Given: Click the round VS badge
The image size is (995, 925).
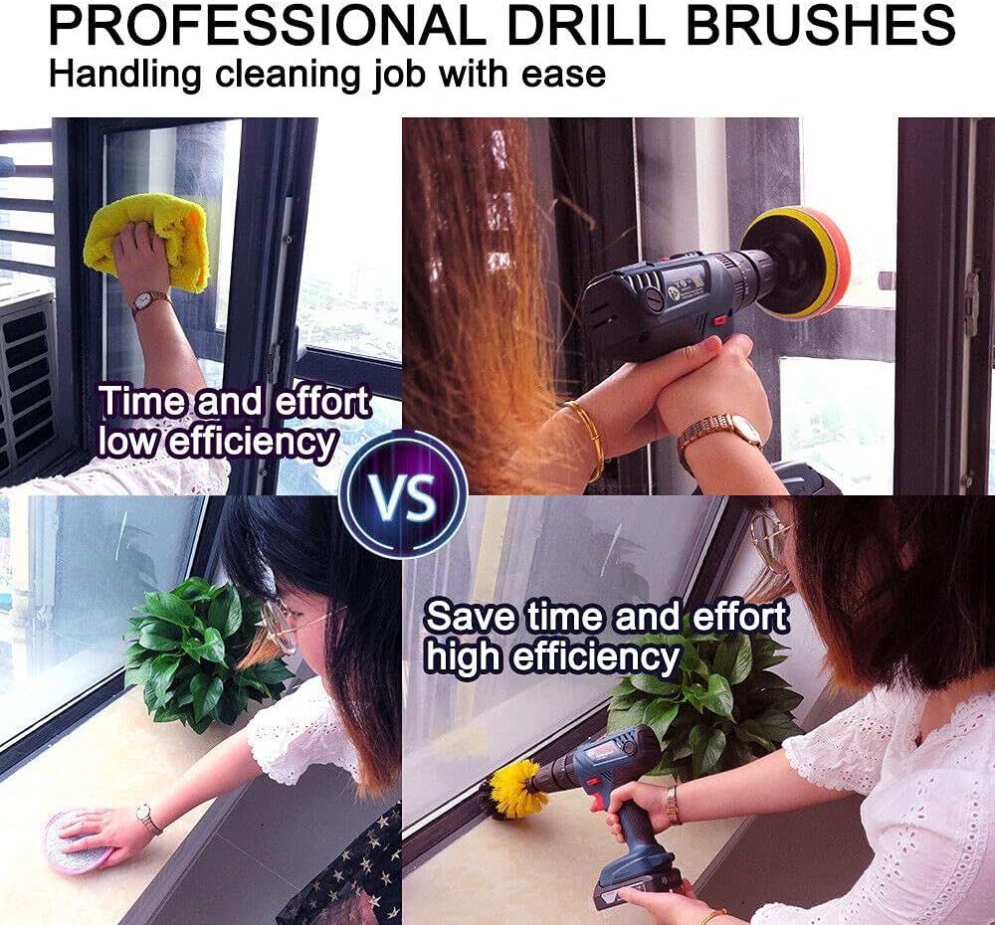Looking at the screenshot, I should (403, 493).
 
